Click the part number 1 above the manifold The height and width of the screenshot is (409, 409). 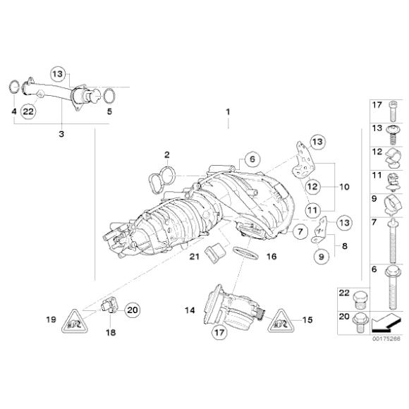tap(228, 112)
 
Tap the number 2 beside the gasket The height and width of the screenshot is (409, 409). tap(167, 154)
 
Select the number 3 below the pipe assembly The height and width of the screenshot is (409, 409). tap(61, 133)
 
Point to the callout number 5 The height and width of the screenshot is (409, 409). tap(109, 111)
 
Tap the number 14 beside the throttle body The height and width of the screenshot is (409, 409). tap(189, 310)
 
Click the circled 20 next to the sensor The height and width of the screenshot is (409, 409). tap(133, 307)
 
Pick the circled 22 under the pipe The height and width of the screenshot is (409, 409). tap(28, 111)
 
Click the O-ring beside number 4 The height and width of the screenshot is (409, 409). tap(13, 87)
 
